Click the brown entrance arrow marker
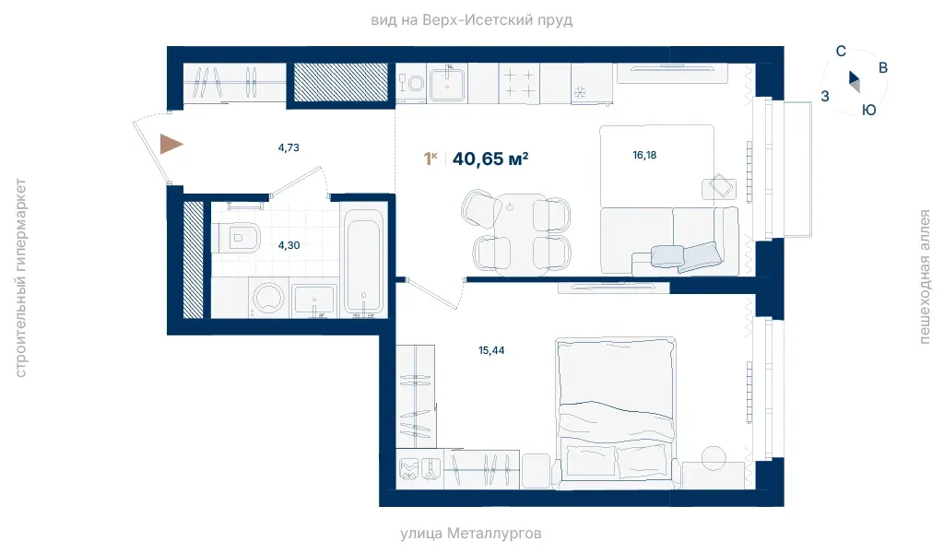pyautogui.click(x=170, y=145)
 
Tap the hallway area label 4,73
pyautogui.click(x=289, y=147)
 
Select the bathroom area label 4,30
pyautogui.click(x=289, y=245)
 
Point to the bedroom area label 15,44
pyautogui.click(x=491, y=350)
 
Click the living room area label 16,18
pyautogui.click(x=644, y=155)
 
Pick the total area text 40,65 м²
pyautogui.click(x=490, y=159)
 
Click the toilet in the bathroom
pyautogui.click(x=236, y=238)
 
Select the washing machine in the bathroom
pyautogui.click(x=268, y=298)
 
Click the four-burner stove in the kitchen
pyautogui.click(x=519, y=83)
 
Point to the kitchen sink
pyautogui.click(x=447, y=84)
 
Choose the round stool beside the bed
pyautogui.click(x=714, y=457)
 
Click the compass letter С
pyautogui.click(x=841, y=52)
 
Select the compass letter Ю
pyautogui.click(x=868, y=110)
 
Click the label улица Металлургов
pyautogui.click(x=471, y=533)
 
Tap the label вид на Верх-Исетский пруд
pyautogui.click(x=471, y=20)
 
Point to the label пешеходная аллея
pyautogui.click(x=924, y=276)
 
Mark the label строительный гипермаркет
pyautogui.click(x=20, y=278)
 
